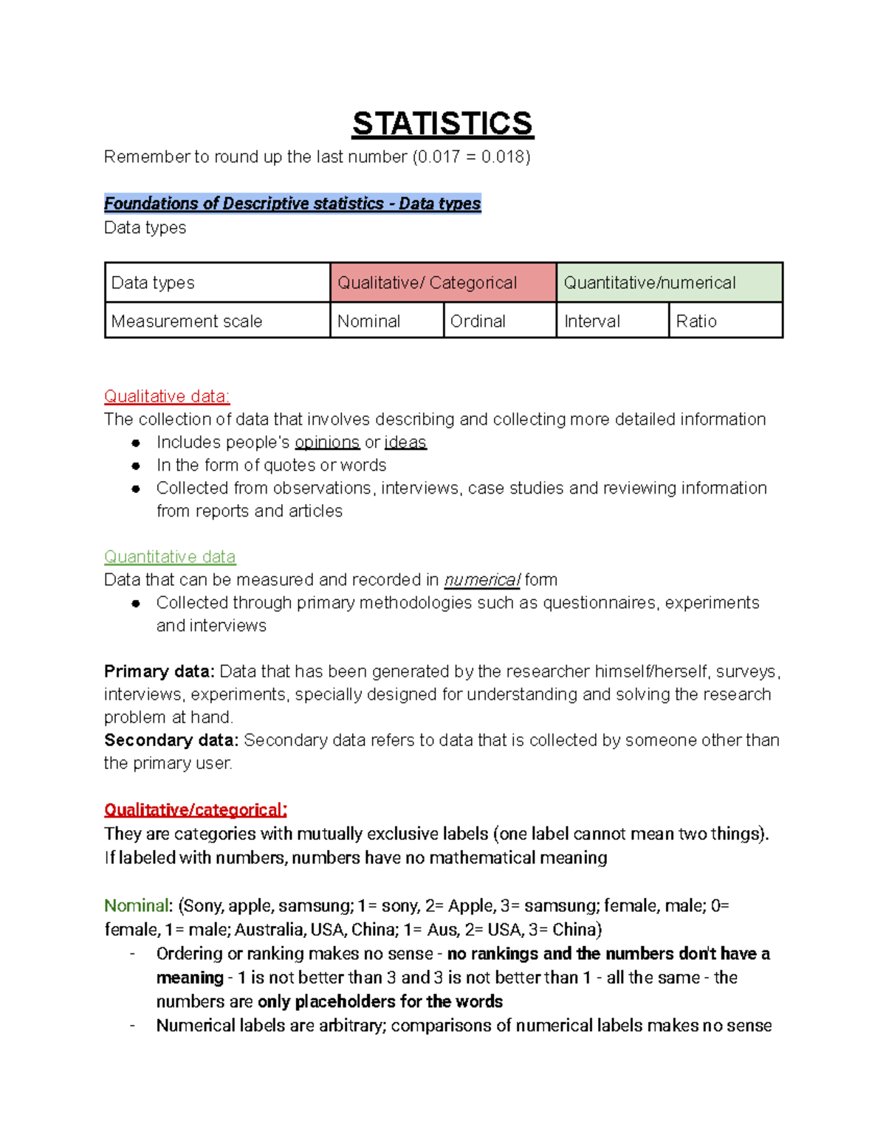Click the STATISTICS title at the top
(442, 123)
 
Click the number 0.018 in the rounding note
(502, 157)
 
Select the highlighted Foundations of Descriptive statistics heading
(292, 204)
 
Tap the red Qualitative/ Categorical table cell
(442, 283)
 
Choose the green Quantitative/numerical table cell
(669, 283)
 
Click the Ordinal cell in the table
(499, 321)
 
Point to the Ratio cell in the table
(725, 321)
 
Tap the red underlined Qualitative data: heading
(167, 397)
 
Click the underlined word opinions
(327, 443)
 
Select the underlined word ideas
(405, 443)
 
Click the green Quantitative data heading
(170, 557)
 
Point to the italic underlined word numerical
(482, 580)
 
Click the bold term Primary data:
(159, 672)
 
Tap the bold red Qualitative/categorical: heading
(196, 810)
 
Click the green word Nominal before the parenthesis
(137, 905)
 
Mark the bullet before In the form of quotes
(136, 466)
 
